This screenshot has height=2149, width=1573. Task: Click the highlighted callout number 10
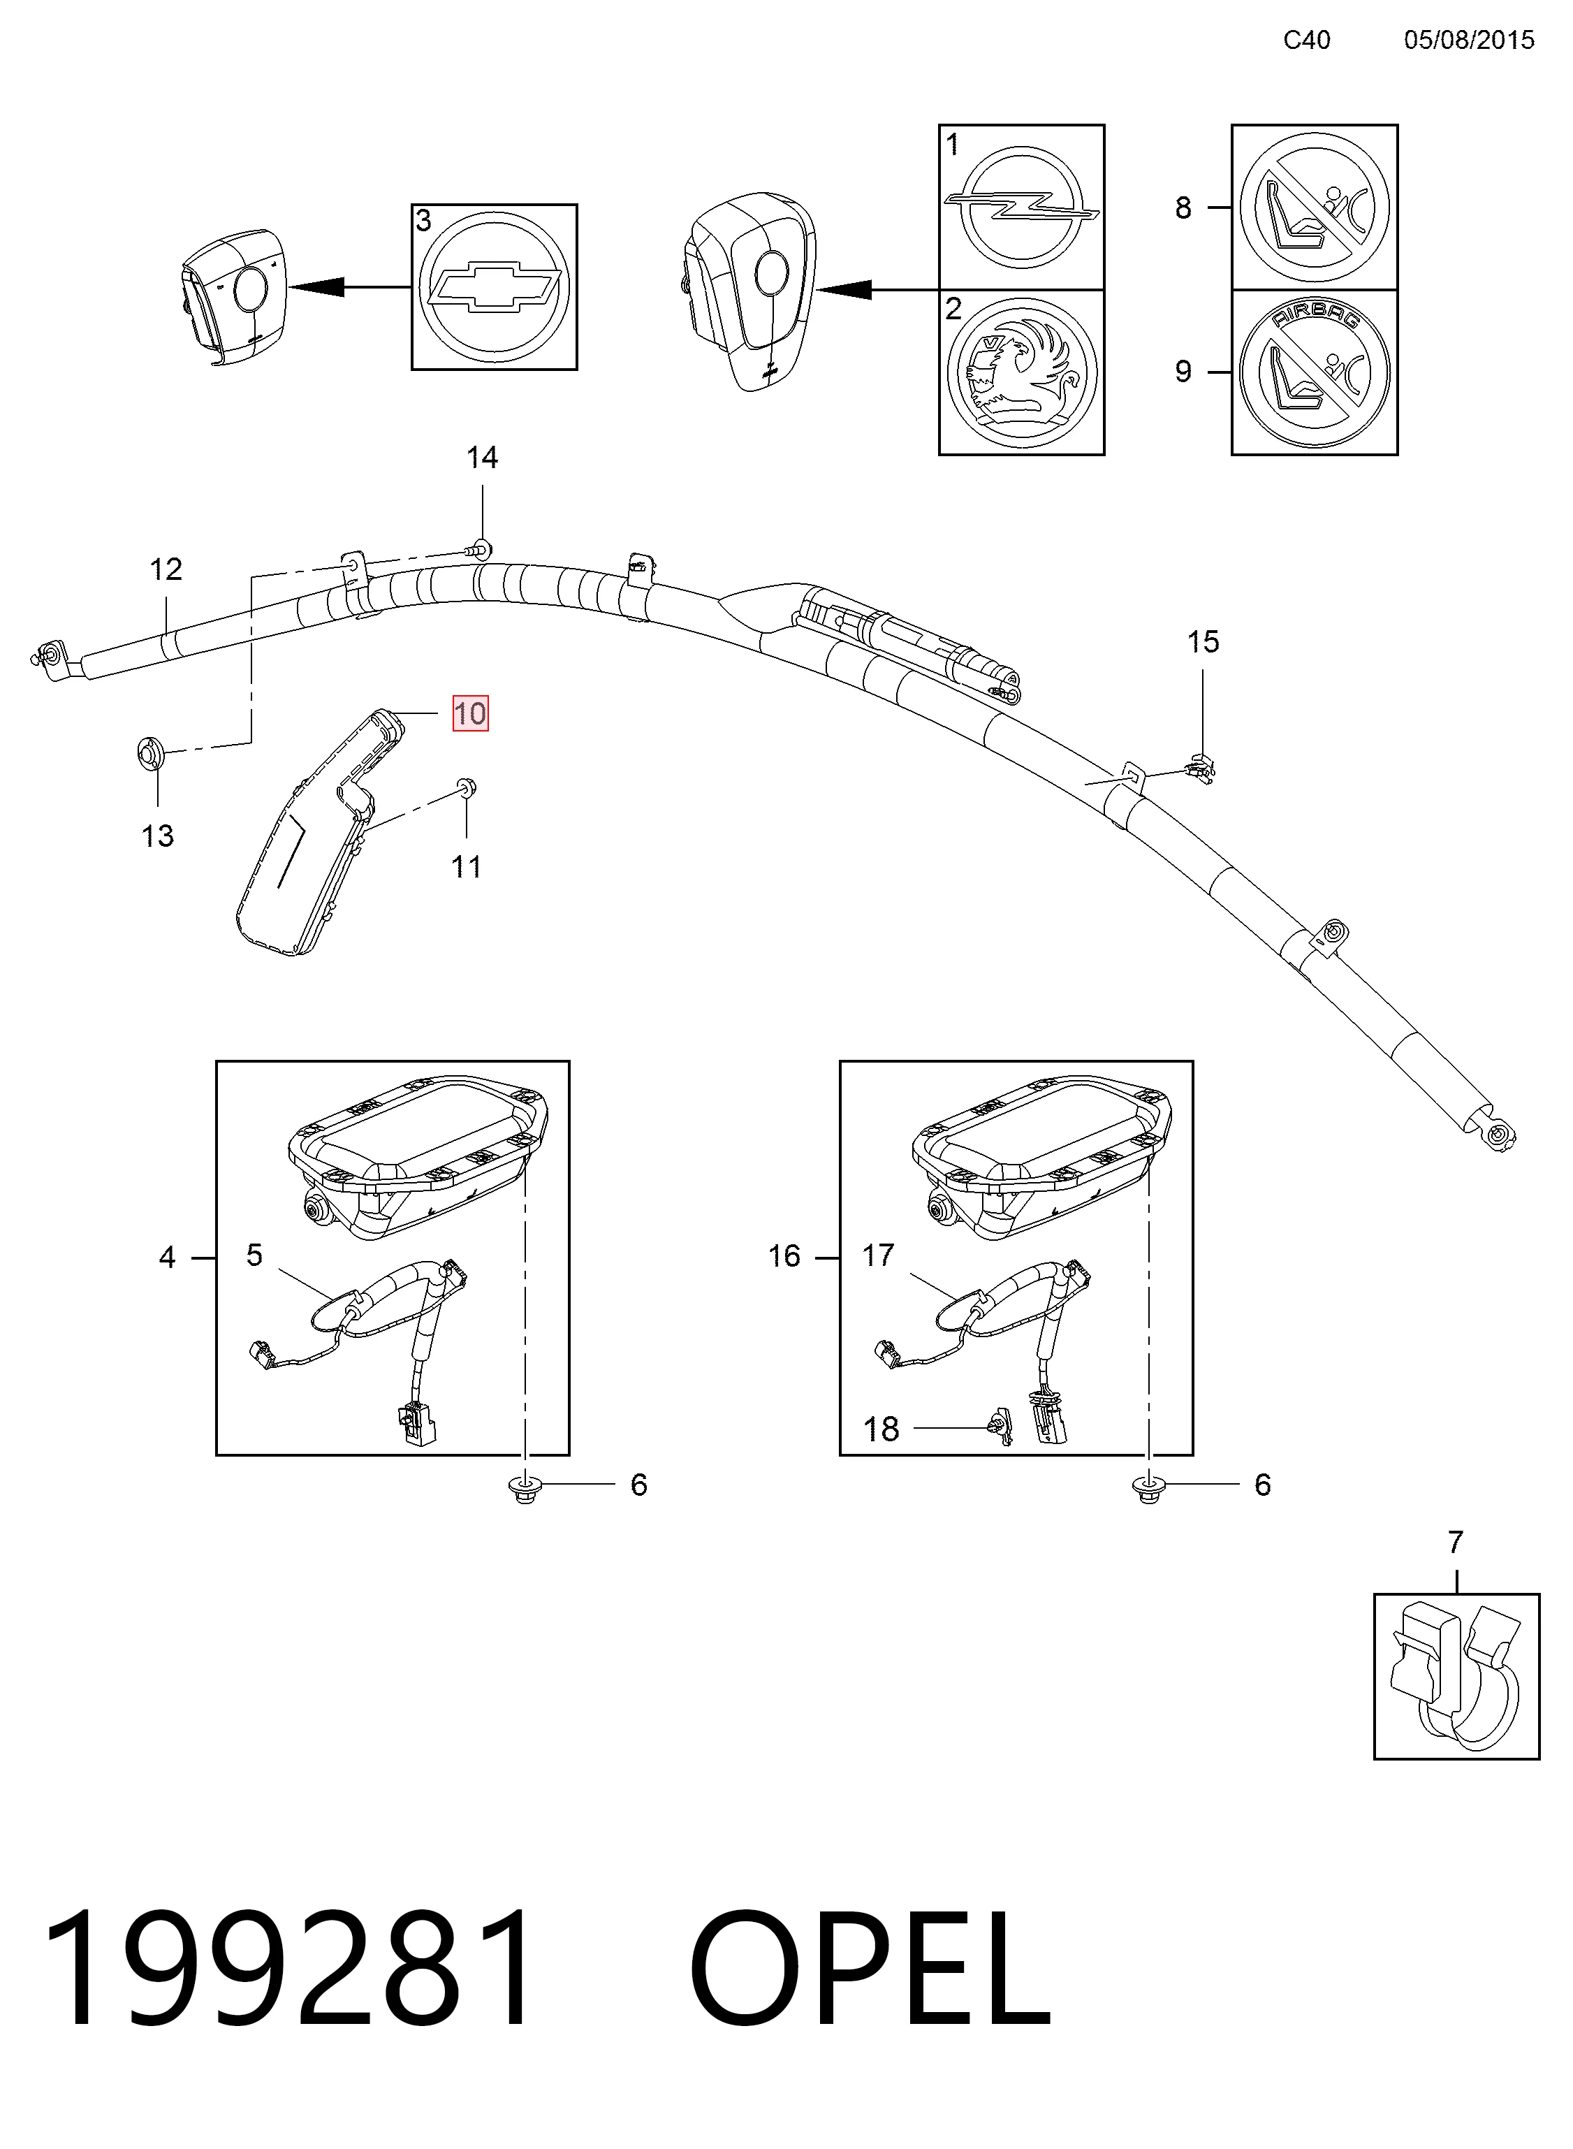pos(470,713)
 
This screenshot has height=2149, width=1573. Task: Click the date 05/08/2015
pos(1469,40)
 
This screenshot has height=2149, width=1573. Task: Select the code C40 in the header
pos(1306,40)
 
